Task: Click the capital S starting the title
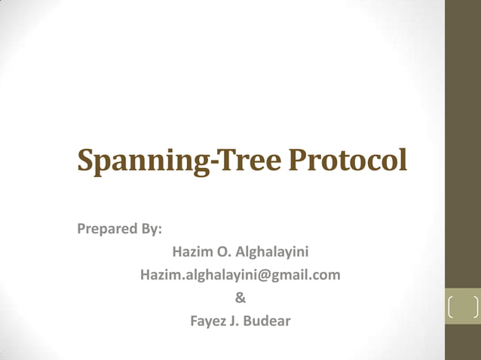pyautogui.click(x=87, y=160)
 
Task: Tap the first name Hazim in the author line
pyautogui.click(x=191, y=252)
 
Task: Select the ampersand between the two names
pyautogui.click(x=240, y=298)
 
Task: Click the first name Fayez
pyautogui.click(x=208, y=322)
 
